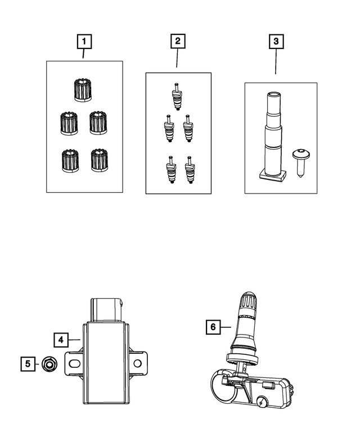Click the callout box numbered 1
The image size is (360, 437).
(84, 41)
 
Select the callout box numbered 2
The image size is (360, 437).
(177, 41)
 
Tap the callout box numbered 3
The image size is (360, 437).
(276, 41)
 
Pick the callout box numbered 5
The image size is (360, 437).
(25, 364)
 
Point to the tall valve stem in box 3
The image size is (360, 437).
(272, 135)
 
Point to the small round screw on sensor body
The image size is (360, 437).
(263, 403)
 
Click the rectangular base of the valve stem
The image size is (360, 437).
(272, 176)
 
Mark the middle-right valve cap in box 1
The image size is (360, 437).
(98, 123)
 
